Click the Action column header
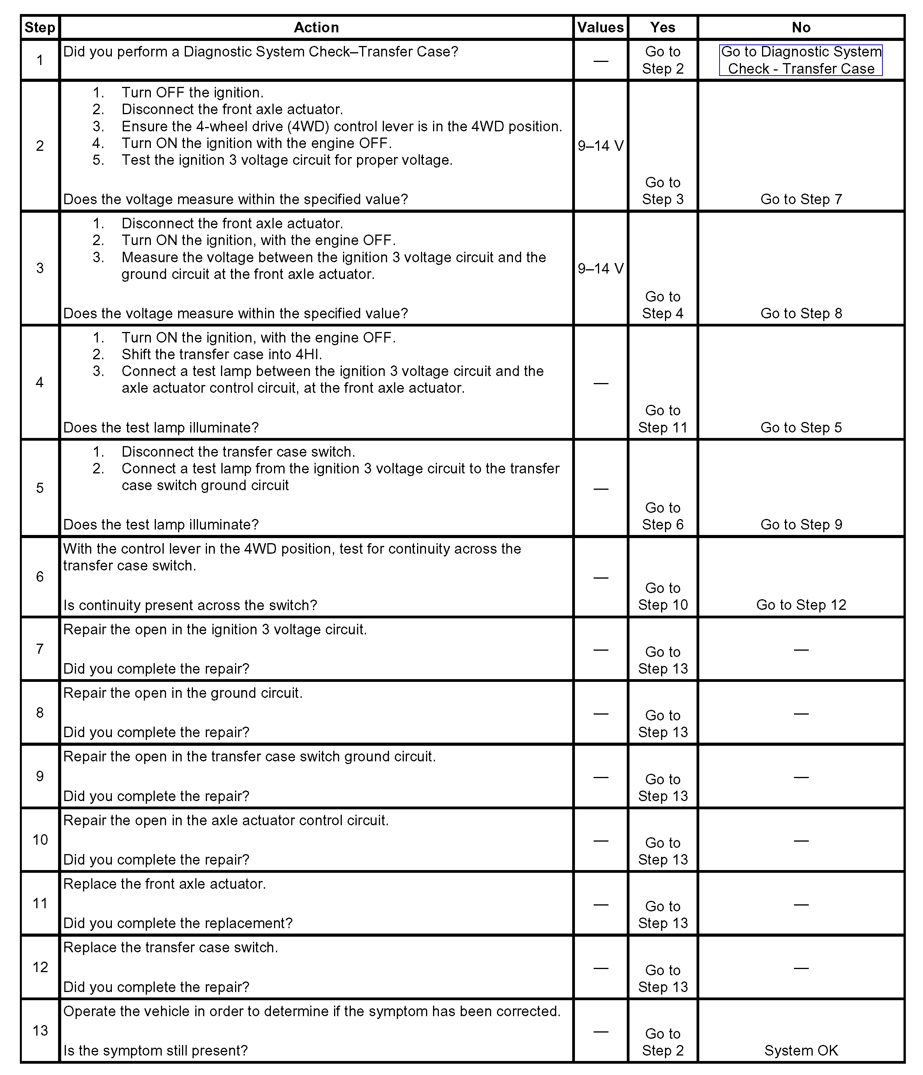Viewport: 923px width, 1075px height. pos(316,28)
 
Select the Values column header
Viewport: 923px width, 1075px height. pos(600,28)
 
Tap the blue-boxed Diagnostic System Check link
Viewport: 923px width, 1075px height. pos(801,60)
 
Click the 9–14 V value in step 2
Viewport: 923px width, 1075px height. pos(600,146)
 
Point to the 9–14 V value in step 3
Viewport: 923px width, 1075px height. pos(600,268)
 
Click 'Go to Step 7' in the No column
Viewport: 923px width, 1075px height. pos(801,199)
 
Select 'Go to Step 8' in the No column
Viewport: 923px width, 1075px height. pos(801,313)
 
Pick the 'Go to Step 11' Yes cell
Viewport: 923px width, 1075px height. pos(662,419)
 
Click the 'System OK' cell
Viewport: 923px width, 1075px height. pos(801,1050)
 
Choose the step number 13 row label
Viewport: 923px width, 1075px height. pos(40,1030)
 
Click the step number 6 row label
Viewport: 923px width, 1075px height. pos(40,577)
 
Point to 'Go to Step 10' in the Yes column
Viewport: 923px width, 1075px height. pos(662,596)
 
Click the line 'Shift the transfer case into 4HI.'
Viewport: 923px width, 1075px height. pos(222,354)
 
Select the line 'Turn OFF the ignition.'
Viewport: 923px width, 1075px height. pos(192,93)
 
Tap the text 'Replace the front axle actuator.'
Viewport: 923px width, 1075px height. pos(164,884)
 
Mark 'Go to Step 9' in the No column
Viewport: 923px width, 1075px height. pos(801,524)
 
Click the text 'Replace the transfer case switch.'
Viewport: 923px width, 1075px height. pos(170,947)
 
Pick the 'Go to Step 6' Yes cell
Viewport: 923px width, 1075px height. pos(662,516)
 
